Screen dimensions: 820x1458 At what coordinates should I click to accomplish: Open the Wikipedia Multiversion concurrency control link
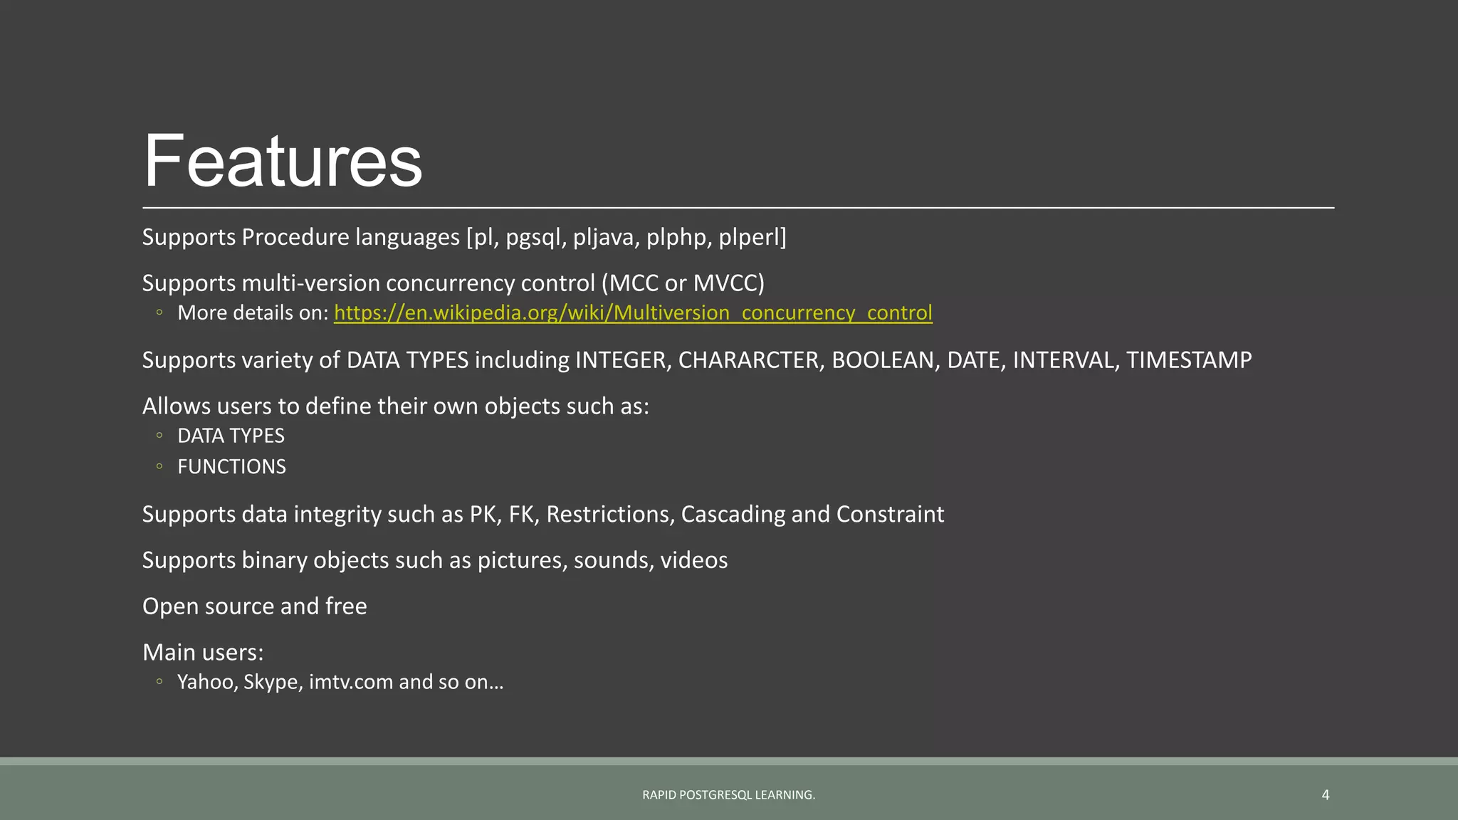pyautogui.click(x=633, y=313)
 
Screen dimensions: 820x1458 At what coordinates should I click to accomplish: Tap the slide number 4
pyautogui.click(x=1325, y=794)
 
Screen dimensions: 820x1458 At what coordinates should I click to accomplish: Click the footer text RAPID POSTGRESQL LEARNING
pyautogui.click(x=728, y=795)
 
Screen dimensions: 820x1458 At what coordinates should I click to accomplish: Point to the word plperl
pyautogui.click(x=750, y=237)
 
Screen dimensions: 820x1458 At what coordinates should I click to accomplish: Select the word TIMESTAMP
pyautogui.click(x=1188, y=360)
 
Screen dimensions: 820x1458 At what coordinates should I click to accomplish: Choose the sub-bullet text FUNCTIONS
pyautogui.click(x=231, y=467)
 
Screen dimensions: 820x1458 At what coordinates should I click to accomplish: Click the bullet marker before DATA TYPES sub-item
pyautogui.click(x=159, y=436)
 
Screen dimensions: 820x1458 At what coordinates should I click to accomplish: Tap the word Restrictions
pyautogui.click(x=609, y=514)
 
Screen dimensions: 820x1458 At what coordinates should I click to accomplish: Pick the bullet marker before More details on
pyautogui.click(x=159, y=312)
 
